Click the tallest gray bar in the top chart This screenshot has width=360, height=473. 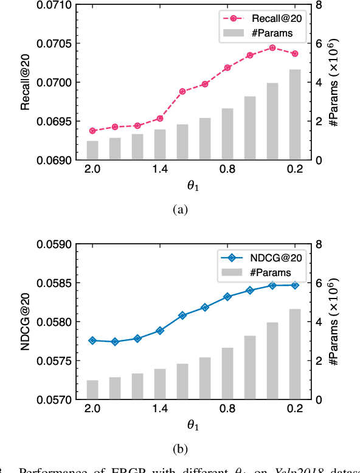click(x=294, y=114)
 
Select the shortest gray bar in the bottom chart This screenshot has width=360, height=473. click(x=92, y=390)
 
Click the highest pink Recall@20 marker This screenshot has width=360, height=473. click(x=272, y=47)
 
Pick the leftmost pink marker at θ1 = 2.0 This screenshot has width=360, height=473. click(x=92, y=131)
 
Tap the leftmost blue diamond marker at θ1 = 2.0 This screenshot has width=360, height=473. click(x=92, y=340)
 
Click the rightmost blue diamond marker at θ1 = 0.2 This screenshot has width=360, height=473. click(x=294, y=285)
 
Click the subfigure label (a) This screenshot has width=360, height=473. click(x=180, y=210)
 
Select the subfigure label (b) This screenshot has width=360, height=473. click(x=180, y=449)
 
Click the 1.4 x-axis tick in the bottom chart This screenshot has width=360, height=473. click(x=160, y=410)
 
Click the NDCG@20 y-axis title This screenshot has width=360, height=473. click(x=26, y=322)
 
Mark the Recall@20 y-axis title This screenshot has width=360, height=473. click(x=26, y=82)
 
